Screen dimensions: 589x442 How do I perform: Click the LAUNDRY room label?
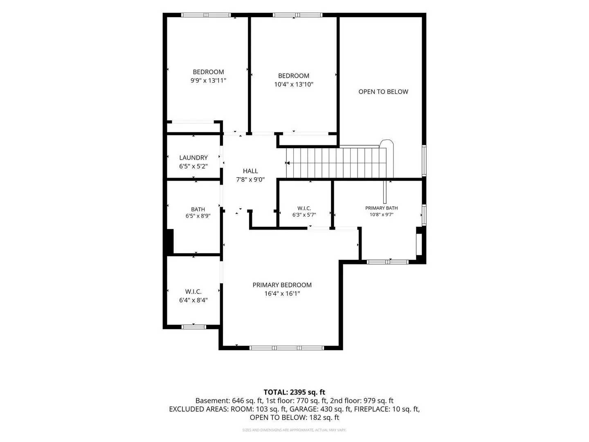coord(193,158)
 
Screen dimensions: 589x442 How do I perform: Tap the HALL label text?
coord(250,171)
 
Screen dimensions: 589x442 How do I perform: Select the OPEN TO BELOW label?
coord(383,92)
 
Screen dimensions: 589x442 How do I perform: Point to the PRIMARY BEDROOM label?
coord(282,285)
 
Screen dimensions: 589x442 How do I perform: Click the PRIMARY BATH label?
coord(381,208)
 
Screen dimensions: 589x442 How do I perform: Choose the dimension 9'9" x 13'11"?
coord(208,81)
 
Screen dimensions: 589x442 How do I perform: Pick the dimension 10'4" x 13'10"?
coord(294,84)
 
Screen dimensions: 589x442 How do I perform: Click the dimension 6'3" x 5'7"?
coord(304,215)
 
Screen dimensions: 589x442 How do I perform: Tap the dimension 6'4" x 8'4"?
coord(193,300)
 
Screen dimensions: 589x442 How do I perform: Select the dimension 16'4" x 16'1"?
coord(282,293)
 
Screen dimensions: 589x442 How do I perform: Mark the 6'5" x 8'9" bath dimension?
coord(198,216)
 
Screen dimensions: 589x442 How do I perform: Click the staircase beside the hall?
coord(336,163)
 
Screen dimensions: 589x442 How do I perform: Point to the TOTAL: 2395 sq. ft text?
coord(294,392)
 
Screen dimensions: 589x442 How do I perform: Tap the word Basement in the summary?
coord(213,401)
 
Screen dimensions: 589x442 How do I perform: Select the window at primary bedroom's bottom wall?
coord(287,348)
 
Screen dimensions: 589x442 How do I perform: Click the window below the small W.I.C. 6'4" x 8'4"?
coord(193,327)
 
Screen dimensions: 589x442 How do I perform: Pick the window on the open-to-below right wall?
coord(424,160)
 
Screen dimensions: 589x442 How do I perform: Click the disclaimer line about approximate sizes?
coord(294,430)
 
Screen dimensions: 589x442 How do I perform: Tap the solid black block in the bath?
coord(170,241)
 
